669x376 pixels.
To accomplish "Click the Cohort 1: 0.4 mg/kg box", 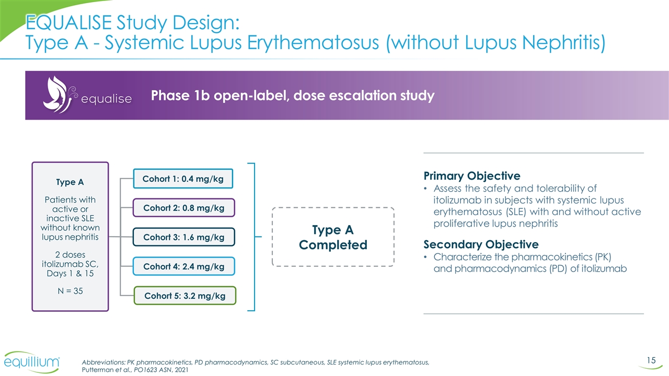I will coord(183,179).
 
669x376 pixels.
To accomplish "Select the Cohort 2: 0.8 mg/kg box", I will coord(183,208).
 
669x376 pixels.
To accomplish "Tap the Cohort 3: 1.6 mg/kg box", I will coord(183,237).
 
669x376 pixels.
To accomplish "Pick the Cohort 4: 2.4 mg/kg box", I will coord(183,266).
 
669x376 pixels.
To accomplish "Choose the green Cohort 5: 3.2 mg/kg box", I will coord(184,296).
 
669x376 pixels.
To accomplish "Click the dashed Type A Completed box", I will coord(332,237).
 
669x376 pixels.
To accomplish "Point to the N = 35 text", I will coord(70,291).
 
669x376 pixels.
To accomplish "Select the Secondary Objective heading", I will coord(481,244).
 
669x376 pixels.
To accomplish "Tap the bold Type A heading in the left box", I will coord(70,182).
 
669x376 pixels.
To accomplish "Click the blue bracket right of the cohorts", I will coord(253,237).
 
